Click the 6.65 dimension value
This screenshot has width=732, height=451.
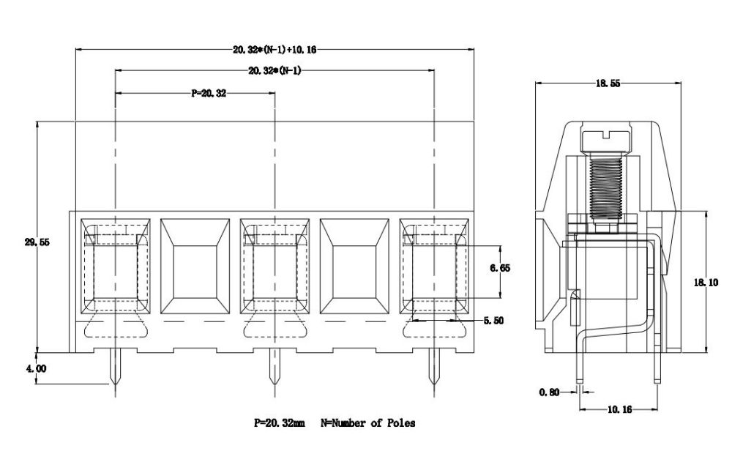501,268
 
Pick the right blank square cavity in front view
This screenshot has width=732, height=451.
354,265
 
